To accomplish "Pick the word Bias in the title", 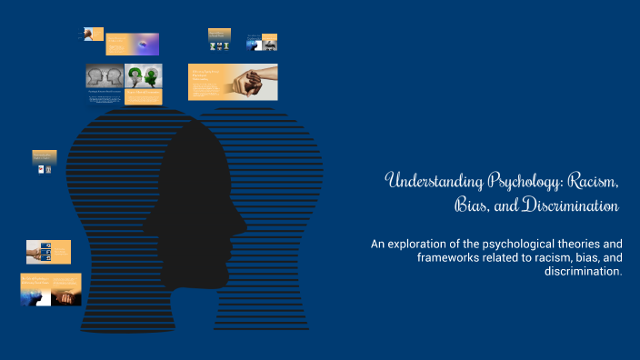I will click(x=469, y=206).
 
